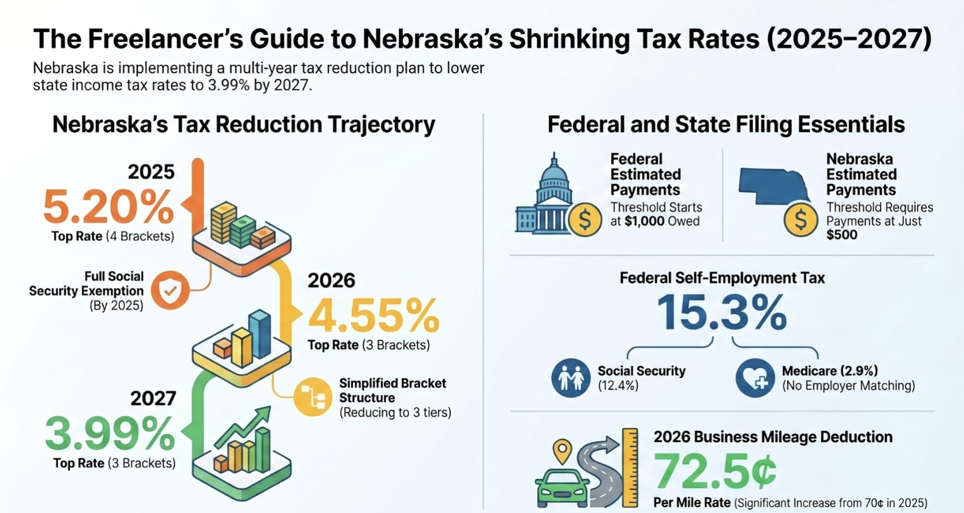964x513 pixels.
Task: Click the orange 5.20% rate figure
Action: (x=108, y=207)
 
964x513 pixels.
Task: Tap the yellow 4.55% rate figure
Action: (x=373, y=316)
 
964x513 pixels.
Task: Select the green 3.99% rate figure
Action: (x=110, y=434)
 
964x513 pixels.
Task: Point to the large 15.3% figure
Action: (x=721, y=312)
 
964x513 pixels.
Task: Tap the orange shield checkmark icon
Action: (x=170, y=290)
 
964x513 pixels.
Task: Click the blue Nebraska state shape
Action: (x=773, y=186)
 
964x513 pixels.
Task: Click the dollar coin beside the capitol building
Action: (x=585, y=219)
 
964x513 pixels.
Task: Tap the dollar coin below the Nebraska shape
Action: (x=801, y=219)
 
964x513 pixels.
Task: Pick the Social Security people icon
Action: (x=571, y=378)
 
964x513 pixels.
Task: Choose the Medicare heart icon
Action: (x=755, y=378)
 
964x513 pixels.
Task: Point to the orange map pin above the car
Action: (x=562, y=449)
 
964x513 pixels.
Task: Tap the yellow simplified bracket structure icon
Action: (x=312, y=397)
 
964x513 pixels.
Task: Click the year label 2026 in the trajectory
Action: (x=331, y=280)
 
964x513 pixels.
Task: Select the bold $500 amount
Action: (x=842, y=235)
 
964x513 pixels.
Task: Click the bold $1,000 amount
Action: (x=645, y=221)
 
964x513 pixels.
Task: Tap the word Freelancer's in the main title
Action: (x=171, y=39)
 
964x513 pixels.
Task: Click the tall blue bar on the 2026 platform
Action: (x=260, y=333)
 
